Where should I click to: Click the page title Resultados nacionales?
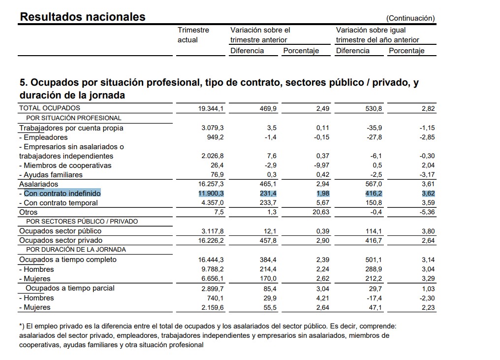point(83,17)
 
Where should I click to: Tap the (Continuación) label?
point(410,18)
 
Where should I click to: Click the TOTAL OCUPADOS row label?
point(49,108)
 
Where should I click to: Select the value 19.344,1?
point(211,109)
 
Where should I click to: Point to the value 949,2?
point(215,137)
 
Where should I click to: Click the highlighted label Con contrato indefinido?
point(62,194)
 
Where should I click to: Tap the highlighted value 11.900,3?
point(211,194)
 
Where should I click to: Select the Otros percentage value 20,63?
point(320,212)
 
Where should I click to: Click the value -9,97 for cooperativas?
point(322,165)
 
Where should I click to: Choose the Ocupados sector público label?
point(60,231)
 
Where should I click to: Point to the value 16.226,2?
point(211,240)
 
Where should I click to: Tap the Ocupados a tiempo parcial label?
point(70,288)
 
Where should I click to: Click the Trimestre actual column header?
point(193,35)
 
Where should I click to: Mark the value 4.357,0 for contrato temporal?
point(213,203)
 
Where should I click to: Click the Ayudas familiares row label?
point(51,175)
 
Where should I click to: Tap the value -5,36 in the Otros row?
point(427,212)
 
